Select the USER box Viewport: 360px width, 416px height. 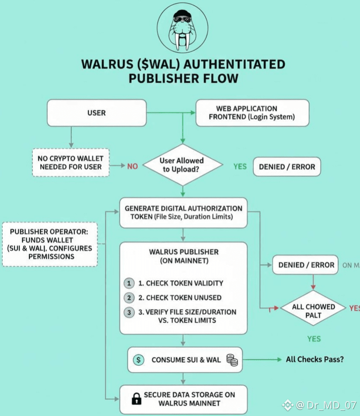96,113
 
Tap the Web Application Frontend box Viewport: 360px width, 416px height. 252,113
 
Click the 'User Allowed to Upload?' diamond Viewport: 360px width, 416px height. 182,165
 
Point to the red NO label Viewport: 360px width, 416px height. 132,166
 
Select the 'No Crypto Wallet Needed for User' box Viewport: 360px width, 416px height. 71,162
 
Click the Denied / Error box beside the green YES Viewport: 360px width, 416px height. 287,167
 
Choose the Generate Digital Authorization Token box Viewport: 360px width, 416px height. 183,213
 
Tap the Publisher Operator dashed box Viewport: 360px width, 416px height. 50,244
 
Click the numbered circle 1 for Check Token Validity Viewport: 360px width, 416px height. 129,283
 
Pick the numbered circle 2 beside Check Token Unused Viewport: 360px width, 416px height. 129,298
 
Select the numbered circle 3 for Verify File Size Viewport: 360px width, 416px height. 129,312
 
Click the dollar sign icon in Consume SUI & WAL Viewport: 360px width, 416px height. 138,360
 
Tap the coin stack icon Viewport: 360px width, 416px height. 232,360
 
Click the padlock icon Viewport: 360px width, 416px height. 136,399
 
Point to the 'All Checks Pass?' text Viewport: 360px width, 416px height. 315,360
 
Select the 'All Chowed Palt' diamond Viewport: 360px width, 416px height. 313,311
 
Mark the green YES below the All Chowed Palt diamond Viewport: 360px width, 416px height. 314,339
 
